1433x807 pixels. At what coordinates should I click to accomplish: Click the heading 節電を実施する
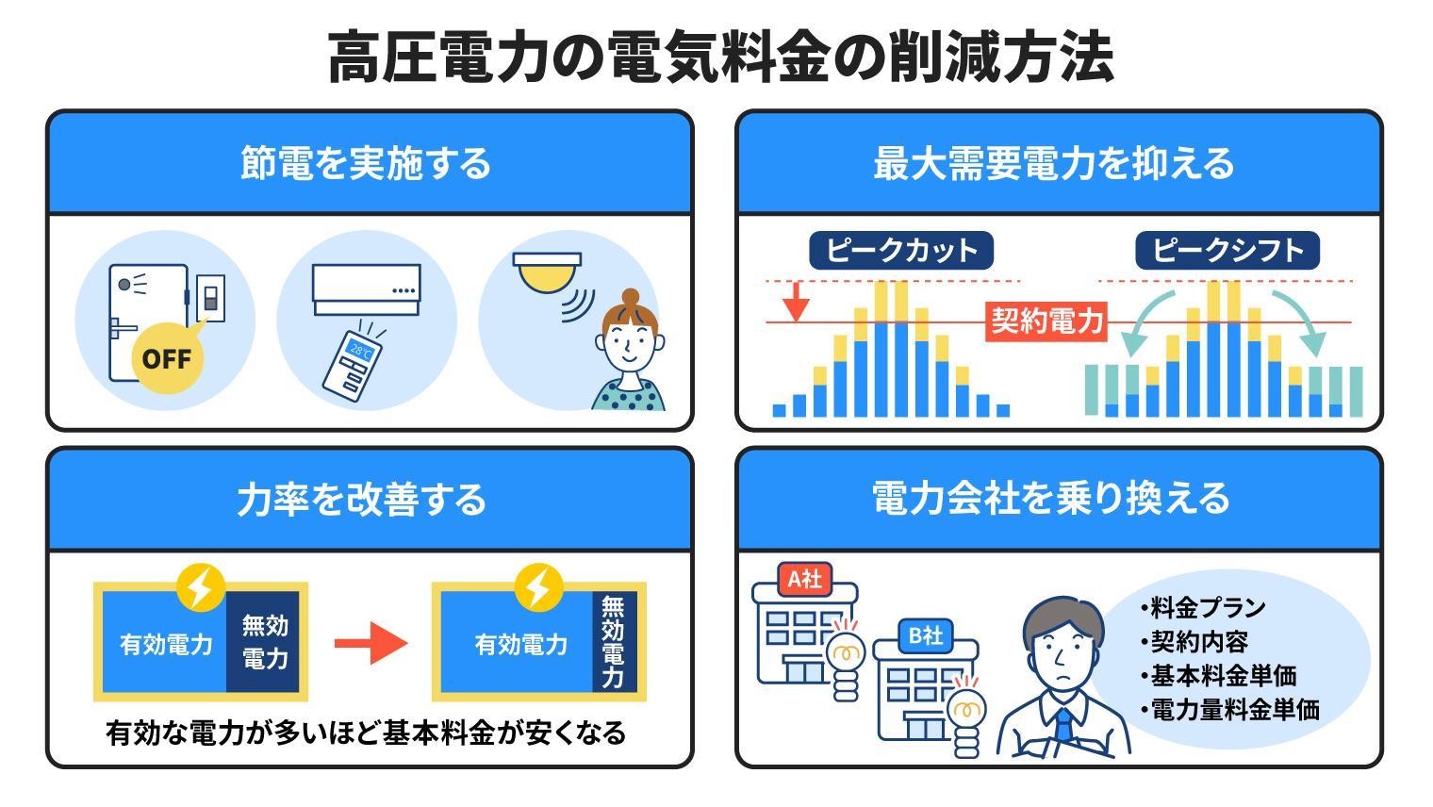(366, 162)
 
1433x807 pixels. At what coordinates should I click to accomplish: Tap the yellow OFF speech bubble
(167, 357)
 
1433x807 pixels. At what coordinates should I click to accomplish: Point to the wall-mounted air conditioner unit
(366, 289)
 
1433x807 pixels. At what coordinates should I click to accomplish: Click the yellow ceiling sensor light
(547, 270)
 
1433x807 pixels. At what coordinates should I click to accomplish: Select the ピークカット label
(900, 251)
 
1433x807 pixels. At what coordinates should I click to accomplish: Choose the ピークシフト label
(1227, 251)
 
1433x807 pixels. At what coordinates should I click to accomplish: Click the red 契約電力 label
(1046, 321)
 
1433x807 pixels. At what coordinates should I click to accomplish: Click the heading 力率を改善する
(362, 499)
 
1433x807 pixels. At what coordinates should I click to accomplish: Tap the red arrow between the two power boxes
(371, 644)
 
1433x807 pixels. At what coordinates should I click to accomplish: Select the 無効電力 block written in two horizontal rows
(265, 642)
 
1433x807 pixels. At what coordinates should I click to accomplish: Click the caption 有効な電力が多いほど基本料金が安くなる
(367, 733)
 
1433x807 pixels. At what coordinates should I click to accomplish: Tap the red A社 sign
(804, 579)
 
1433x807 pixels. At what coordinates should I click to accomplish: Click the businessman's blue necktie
(1064, 726)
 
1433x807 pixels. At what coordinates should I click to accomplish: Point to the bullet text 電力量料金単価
(1233, 710)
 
